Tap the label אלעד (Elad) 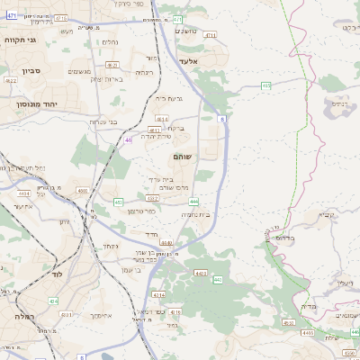pyautogui.click(x=187, y=61)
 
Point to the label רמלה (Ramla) pyautogui.click(x=24, y=317)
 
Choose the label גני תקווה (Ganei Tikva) pyautogui.click(x=20, y=40)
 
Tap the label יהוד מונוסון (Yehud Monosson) pyautogui.click(x=36, y=105)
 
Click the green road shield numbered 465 pyautogui.click(x=266, y=85)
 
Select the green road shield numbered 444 pyautogui.click(x=193, y=202)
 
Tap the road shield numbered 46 pyautogui.click(x=129, y=139)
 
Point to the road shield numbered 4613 pyautogui.click(x=161, y=119)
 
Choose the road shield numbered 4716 pyautogui.click(x=61, y=18)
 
